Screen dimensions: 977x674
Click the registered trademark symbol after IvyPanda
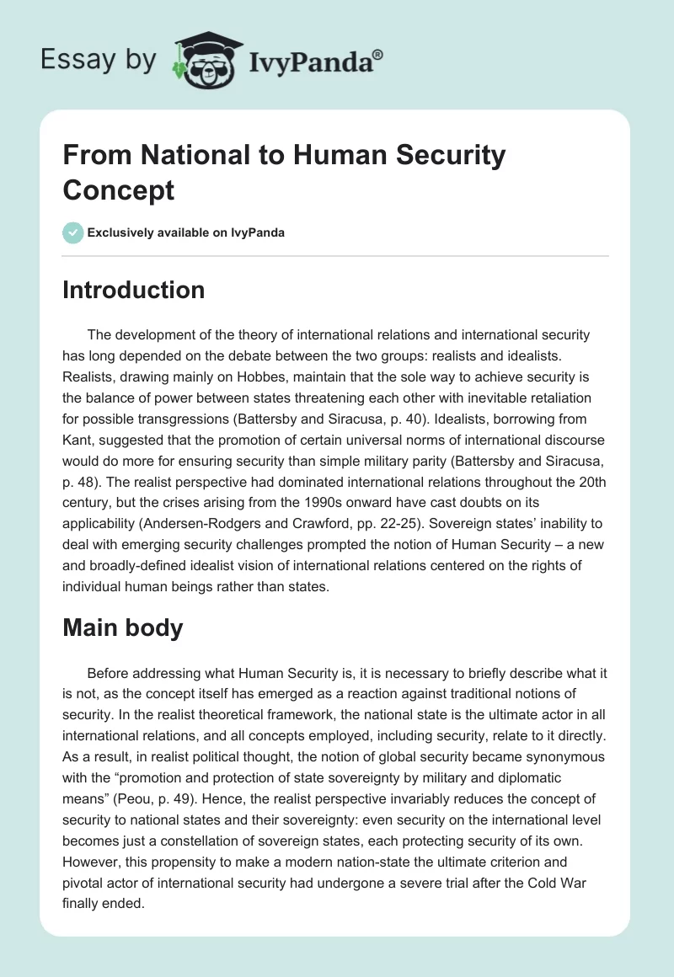pyautogui.click(x=378, y=55)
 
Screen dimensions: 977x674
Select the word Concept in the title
pyautogui.click(x=119, y=190)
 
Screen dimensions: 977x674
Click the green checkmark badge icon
pyautogui.click(x=73, y=232)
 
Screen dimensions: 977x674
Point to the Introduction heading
pyautogui.click(x=134, y=290)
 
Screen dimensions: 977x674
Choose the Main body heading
pyautogui.click(x=123, y=627)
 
